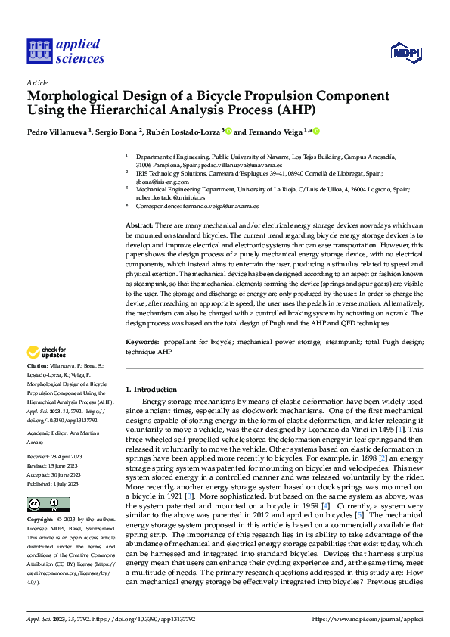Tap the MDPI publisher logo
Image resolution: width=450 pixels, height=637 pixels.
pos(405,51)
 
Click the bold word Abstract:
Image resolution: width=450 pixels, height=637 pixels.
pos(139,226)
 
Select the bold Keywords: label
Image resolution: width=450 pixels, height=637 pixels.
pos(142,343)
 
